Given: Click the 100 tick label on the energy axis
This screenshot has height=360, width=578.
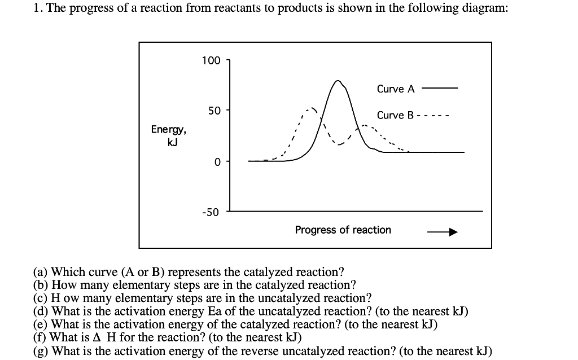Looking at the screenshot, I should [x=211, y=60].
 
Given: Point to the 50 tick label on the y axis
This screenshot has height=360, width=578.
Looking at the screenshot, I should [x=214, y=111].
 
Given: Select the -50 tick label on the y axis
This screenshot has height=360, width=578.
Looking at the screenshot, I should [x=212, y=212].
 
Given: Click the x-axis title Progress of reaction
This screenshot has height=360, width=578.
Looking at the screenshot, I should [x=343, y=230].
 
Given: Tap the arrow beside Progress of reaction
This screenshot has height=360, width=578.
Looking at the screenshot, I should [x=441, y=232].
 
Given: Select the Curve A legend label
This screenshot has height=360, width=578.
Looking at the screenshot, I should [x=395, y=89].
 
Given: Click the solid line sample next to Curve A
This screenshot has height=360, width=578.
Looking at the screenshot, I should [x=439, y=89].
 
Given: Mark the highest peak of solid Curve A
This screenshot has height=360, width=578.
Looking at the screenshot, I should [x=338, y=81].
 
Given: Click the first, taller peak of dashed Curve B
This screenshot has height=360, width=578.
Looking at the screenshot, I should [x=310, y=107].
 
